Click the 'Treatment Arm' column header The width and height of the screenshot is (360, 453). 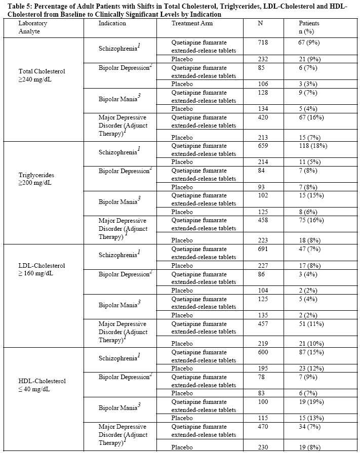tap(192, 24)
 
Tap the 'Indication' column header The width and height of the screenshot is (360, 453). tap(112, 24)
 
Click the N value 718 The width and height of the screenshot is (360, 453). tap(265, 42)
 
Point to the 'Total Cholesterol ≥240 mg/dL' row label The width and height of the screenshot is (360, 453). tap(42, 75)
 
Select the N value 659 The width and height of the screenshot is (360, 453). tap(265, 146)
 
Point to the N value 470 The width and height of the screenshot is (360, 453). tap(265, 427)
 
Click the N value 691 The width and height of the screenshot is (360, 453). tap(265, 249)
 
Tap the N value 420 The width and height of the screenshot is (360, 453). tap(265, 117)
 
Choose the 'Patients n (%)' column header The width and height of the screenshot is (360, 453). tap(311, 27)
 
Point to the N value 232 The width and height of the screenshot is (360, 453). tap(265, 59)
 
